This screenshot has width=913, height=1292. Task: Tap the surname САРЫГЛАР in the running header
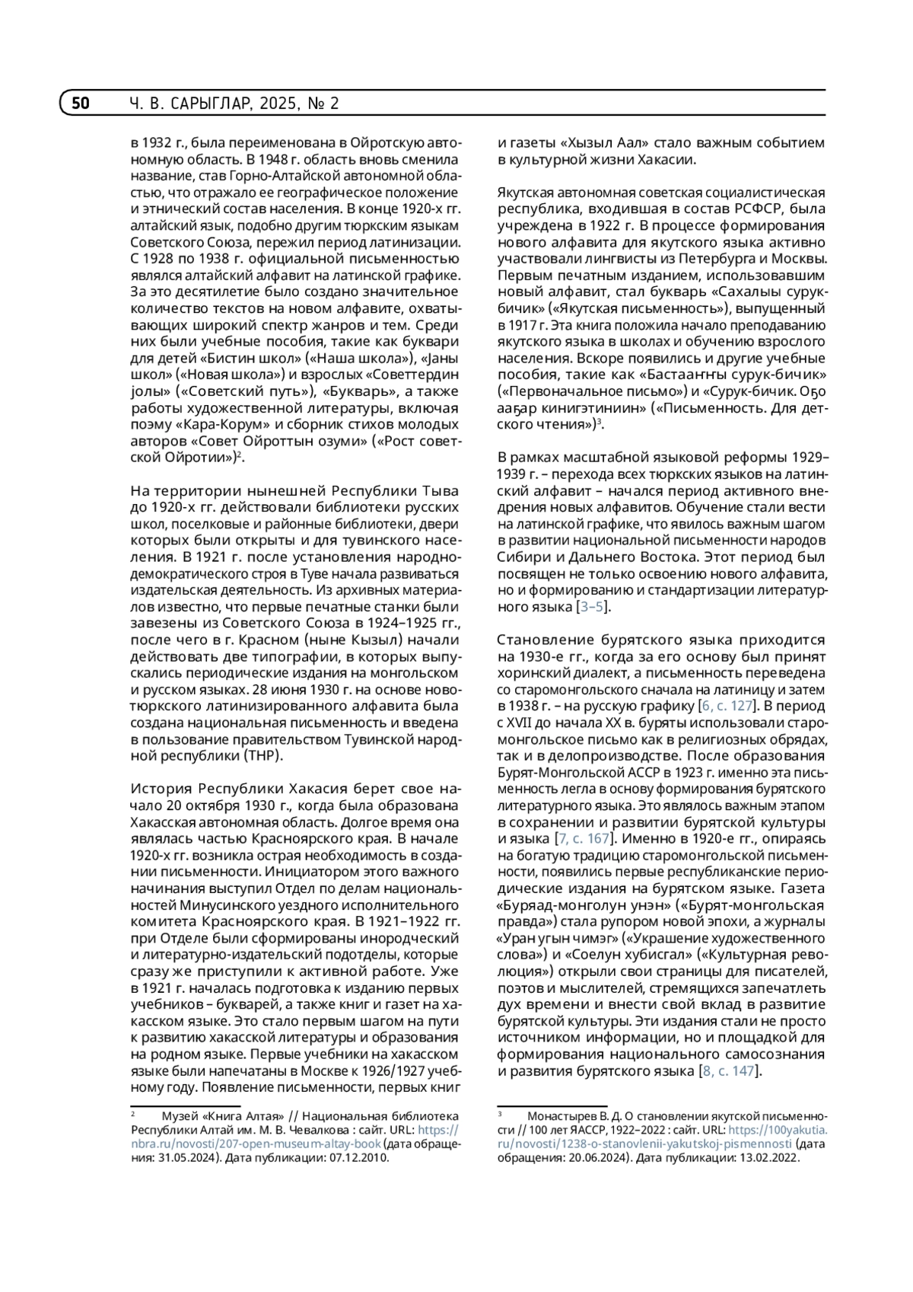pyautogui.click(x=210, y=103)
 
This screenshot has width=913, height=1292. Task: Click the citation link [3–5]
pyautogui.click(x=593, y=606)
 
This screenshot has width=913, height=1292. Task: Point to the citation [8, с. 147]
pyautogui.click(x=729, y=1070)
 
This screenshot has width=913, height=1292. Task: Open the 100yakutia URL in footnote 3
pyautogui.click(x=644, y=1144)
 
